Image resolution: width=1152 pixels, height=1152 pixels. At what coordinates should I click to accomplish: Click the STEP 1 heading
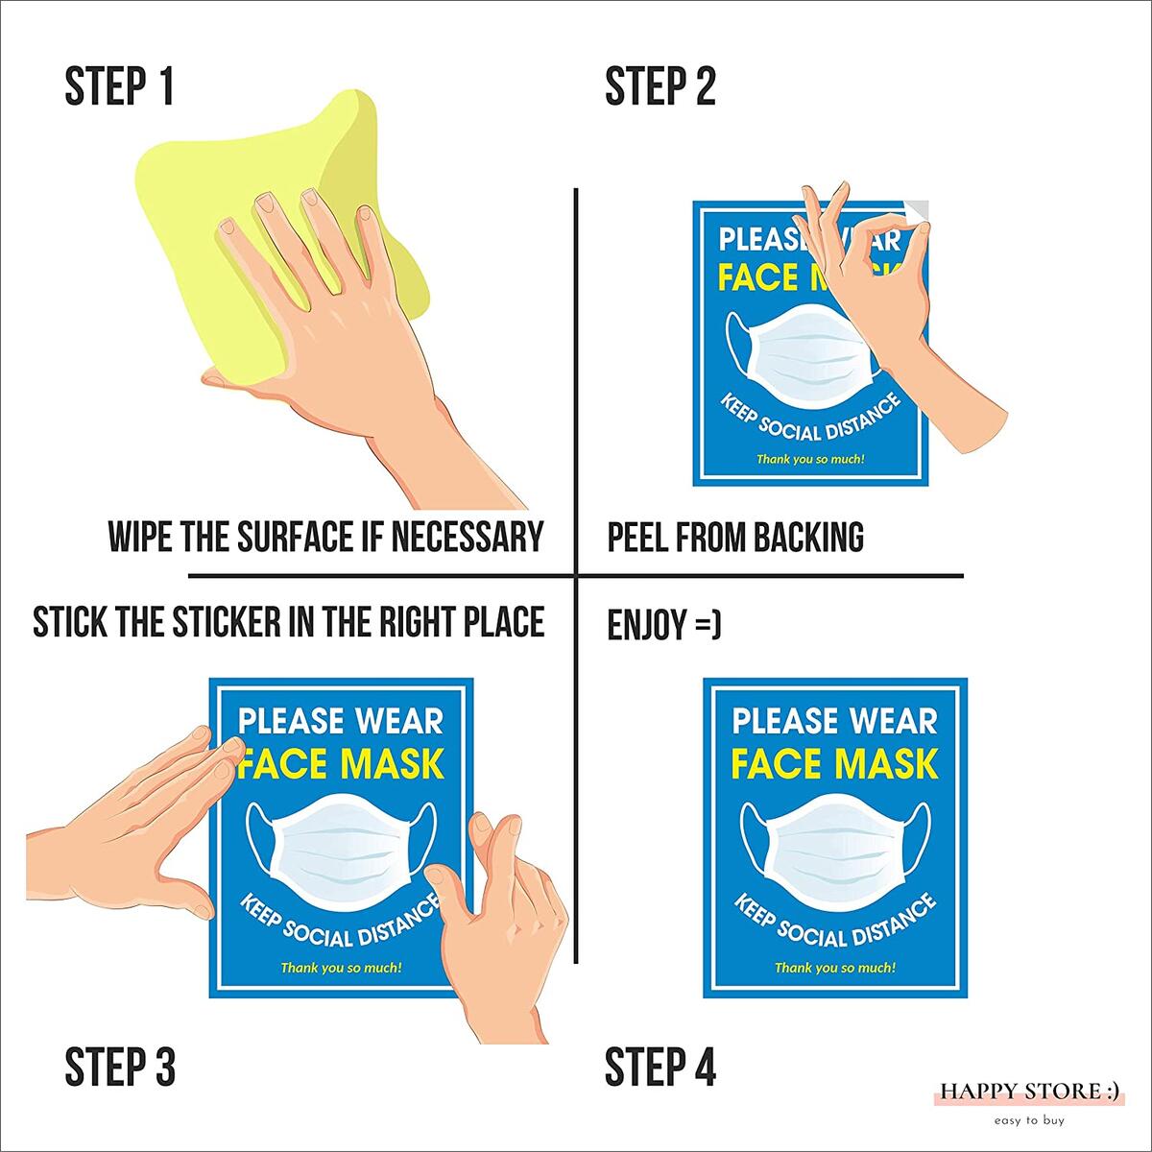pyautogui.click(x=119, y=86)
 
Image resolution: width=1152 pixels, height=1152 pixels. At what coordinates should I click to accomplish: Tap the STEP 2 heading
pyautogui.click(x=660, y=86)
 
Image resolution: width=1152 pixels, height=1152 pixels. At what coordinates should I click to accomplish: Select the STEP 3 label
pyautogui.click(x=120, y=1067)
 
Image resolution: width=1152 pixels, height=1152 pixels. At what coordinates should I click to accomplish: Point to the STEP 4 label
pyautogui.click(x=660, y=1067)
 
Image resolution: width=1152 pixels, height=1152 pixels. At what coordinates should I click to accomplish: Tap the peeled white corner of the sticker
pyautogui.click(x=917, y=210)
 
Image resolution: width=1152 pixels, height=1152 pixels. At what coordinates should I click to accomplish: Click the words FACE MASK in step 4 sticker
pyautogui.click(x=834, y=764)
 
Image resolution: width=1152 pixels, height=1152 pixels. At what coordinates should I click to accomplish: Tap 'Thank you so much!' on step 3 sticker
pyautogui.click(x=341, y=968)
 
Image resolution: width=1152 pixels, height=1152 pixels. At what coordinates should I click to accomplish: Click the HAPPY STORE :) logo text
pyautogui.click(x=1029, y=1092)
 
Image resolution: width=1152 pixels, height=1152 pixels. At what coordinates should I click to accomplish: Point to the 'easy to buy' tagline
pyautogui.click(x=1029, y=1120)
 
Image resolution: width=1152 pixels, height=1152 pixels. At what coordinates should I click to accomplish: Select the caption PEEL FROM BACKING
pyautogui.click(x=735, y=537)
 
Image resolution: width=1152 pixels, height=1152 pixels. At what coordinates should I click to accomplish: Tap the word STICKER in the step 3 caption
pyautogui.click(x=225, y=622)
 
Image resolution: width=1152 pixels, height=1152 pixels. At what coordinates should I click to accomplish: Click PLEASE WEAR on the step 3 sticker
pyautogui.click(x=341, y=721)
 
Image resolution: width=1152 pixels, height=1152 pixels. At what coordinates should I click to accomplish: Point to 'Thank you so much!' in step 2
pyautogui.click(x=810, y=459)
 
